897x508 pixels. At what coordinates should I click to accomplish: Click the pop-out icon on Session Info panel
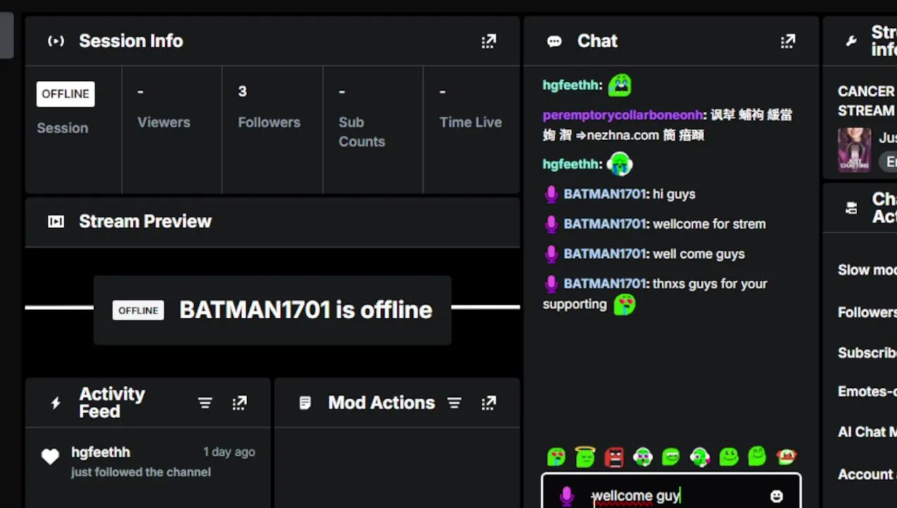489,42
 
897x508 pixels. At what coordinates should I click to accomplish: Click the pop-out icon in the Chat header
788,42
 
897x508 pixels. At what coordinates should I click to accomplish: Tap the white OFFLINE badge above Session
66,94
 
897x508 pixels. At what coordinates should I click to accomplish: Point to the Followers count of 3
243,92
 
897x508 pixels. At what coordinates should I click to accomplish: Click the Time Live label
470,122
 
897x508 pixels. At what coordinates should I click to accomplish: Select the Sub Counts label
361,131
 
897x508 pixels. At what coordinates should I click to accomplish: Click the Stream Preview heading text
145,222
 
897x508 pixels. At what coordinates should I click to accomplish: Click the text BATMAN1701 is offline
305,310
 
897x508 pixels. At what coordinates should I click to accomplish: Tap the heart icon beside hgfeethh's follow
50,457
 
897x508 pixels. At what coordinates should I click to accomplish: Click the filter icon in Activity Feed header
205,403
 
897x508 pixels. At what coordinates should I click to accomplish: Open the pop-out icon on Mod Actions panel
489,403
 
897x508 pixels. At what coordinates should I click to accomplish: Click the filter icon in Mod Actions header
454,403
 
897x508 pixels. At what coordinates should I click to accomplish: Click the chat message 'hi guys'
674,194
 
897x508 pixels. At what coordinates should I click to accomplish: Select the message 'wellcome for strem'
709,224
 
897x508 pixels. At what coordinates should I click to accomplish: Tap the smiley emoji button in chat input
776,496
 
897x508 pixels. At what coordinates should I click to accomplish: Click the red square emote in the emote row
614,457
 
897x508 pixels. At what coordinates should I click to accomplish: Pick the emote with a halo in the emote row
585,457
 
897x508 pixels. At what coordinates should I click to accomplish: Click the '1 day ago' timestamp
229,452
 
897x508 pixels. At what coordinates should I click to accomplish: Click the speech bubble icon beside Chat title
554,42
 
